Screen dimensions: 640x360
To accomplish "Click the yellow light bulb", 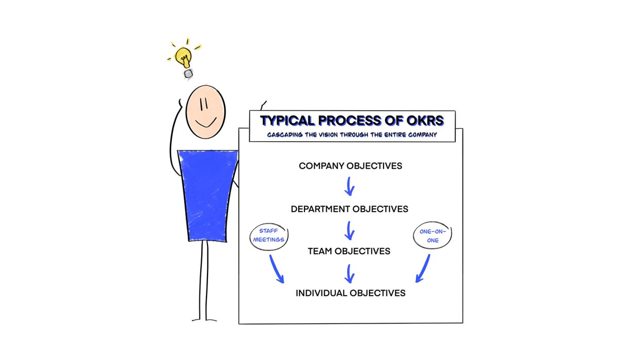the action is click(x=183, y=57).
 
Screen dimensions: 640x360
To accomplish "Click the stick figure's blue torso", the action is click(x=207, y=196).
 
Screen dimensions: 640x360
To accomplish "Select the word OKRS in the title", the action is click(x=425, y=121).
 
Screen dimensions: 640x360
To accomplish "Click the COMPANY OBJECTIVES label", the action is click(x=350, y=166).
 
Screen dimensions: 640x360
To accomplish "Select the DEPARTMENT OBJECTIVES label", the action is click(x=349, y=209).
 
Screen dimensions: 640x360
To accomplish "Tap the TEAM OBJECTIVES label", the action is click(x=349, y=251).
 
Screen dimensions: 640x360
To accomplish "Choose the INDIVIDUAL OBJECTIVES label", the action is click(x=350, y=293).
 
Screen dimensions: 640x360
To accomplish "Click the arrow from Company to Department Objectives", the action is click(x=349, y=186).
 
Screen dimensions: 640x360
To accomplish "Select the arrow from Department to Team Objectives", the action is click(x=349, y=231).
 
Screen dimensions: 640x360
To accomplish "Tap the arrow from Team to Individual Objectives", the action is click(x=349, y=274).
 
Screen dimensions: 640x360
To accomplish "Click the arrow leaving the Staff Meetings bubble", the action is click(x=276, y=269).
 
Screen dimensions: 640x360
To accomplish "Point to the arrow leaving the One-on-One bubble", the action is click(x=424, y=269).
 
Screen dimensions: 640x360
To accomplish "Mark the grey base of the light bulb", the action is click(x=188, y=74).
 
